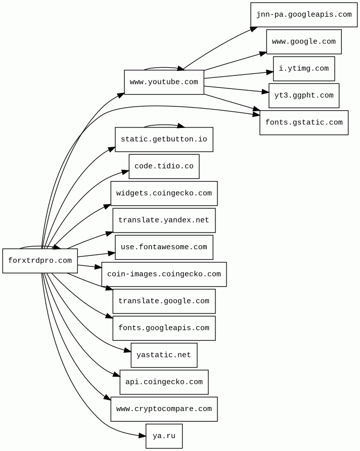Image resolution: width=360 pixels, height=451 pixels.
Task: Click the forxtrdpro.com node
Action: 40,261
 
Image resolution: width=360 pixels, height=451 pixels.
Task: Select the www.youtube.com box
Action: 164,82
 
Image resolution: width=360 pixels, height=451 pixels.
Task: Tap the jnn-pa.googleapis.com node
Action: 303,15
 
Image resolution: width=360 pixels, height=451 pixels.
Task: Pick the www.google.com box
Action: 303,42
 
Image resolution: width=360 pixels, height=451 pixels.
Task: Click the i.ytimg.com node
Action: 303,69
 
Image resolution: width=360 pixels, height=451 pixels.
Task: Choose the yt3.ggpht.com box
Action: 303,96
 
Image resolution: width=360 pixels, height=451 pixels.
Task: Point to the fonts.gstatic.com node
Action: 303,122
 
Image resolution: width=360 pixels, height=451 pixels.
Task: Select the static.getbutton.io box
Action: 164,140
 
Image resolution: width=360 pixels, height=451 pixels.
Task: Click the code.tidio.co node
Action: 164,166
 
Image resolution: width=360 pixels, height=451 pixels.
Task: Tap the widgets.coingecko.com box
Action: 164,193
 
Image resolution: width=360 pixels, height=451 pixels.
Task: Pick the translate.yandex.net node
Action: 164,220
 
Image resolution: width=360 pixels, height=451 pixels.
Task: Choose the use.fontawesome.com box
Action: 164,247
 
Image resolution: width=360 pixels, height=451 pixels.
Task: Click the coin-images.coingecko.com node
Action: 164,274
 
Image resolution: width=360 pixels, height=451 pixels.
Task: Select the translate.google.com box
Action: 164,301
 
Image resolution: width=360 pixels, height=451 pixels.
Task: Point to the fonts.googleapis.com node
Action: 164,328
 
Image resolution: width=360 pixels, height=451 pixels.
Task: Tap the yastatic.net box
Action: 164,355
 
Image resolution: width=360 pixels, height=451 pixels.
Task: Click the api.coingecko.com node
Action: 164,382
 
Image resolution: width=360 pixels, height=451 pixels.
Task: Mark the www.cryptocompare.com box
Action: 164,409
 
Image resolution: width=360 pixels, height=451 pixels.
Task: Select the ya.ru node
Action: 164,436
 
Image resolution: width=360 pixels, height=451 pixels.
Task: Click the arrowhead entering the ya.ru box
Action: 142,435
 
